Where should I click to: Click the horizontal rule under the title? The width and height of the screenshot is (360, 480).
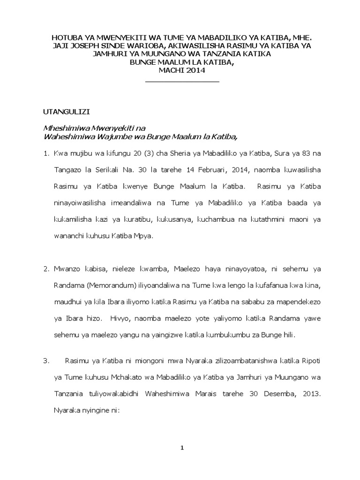tap(182, 82)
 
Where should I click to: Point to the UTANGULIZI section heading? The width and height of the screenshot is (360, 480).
tap(63, 112)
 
